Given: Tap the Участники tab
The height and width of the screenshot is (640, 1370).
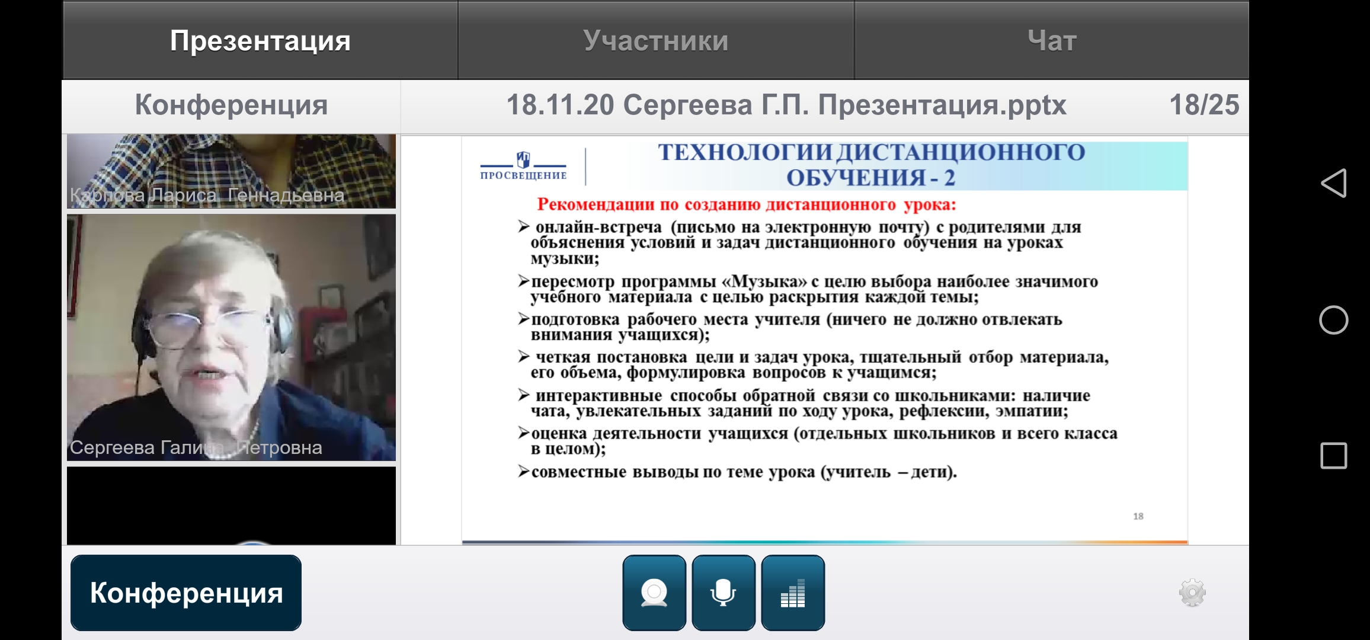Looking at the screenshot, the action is point(656,40).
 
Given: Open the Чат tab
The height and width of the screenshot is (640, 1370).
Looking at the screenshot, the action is point(1052,40).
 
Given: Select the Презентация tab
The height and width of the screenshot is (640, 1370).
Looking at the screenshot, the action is point(260,40).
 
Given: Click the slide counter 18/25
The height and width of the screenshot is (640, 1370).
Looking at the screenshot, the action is point(1204,105).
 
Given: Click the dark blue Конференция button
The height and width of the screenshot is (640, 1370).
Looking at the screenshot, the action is point(186,593).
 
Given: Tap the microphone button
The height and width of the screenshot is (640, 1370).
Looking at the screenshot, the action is point(724,593).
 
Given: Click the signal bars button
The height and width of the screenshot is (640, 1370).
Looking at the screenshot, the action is point(793,593).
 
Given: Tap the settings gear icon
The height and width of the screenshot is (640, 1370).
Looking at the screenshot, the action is point(1193,593).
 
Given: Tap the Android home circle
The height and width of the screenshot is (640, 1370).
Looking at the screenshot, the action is point(1334,320).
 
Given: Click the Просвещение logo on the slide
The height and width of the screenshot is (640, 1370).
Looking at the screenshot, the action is point(523,166).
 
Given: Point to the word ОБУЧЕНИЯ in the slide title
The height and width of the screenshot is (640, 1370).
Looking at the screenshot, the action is point(856,178).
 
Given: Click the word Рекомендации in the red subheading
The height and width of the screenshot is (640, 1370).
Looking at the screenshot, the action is point(596,205).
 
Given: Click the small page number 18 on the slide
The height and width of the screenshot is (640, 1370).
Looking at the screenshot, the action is point(1138,516).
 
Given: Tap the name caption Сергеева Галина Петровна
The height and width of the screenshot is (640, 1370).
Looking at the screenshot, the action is point(196,447).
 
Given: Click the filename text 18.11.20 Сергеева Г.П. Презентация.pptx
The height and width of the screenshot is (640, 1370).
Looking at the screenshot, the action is point(786,105).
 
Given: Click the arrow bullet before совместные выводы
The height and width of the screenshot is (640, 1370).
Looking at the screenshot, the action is point(523,471).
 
